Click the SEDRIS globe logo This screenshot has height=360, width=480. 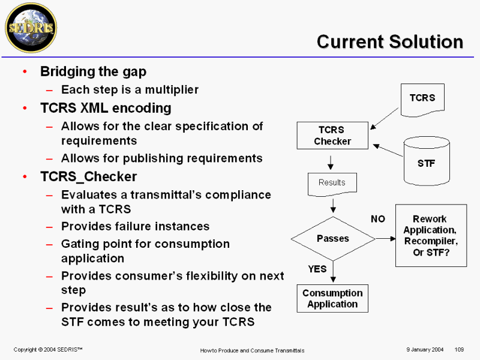coord(31,28)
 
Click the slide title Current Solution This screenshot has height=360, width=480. coord(389,41)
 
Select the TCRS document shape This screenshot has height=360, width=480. coord(422,100)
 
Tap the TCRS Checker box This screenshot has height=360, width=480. coord(332,136)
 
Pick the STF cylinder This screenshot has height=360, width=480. coord(427,161)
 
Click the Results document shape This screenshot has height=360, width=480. coord(332,185)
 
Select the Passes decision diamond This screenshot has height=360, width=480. coord(333,239)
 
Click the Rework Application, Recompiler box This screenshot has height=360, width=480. coord(431,235)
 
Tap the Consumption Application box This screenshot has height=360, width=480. coord(332,298)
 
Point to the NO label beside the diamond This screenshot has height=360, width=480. coord(378,219)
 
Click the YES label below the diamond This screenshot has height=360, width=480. coord(317,269)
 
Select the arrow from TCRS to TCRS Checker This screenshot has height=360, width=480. coord(384,118)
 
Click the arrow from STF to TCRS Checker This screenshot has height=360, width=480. coord(388,151)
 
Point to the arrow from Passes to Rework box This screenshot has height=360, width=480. coord(386,238)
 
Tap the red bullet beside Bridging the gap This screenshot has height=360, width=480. coord(25,71)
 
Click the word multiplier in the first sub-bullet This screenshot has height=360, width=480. coord(172,89)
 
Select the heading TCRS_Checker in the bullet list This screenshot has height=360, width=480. coord(88,176)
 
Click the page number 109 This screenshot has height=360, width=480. coord(459,349)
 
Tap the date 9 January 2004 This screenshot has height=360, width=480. coord(425,349)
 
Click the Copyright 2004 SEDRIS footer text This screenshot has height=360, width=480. coord(48,349)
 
